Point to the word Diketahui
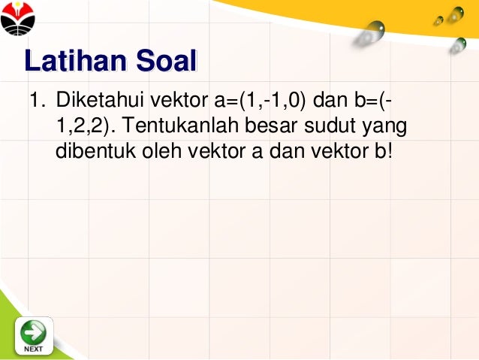(99, 99)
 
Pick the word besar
(263, 126)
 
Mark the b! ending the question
(383, 151)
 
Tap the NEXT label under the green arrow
(33, 349)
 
